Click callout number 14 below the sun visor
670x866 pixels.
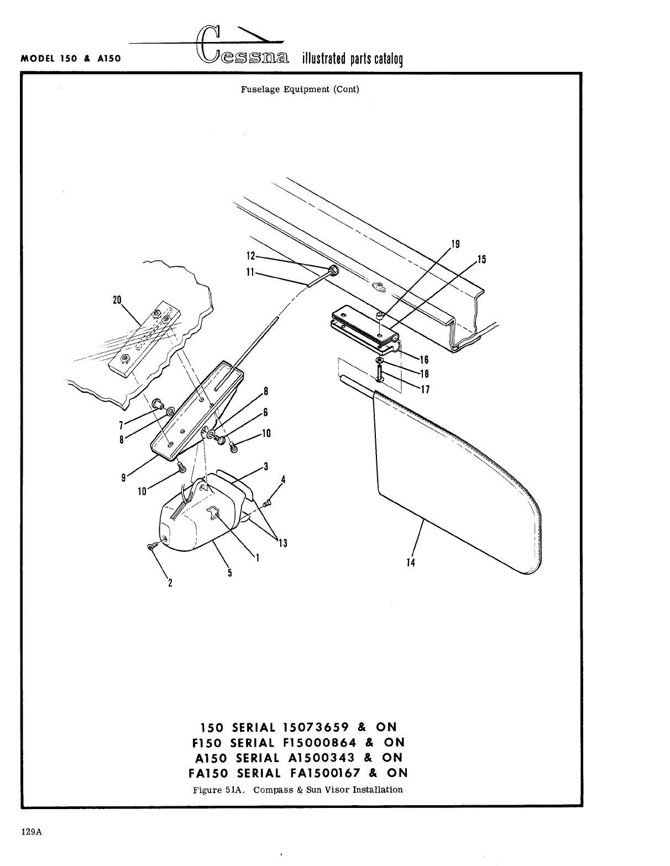point(410,563)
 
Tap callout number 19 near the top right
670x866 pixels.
point(456,244)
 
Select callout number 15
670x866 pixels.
point(481,259)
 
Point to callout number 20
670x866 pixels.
point(117,300)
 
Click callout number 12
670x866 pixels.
point(250,256)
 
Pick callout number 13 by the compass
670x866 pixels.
point(282,543)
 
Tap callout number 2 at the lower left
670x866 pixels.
point(170,582)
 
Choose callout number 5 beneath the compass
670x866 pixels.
point(229,573)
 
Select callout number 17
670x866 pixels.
point(425,390)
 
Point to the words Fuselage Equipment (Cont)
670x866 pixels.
point(300,89)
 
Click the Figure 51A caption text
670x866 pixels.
point(297,789)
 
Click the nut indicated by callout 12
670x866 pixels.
point(334,271)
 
